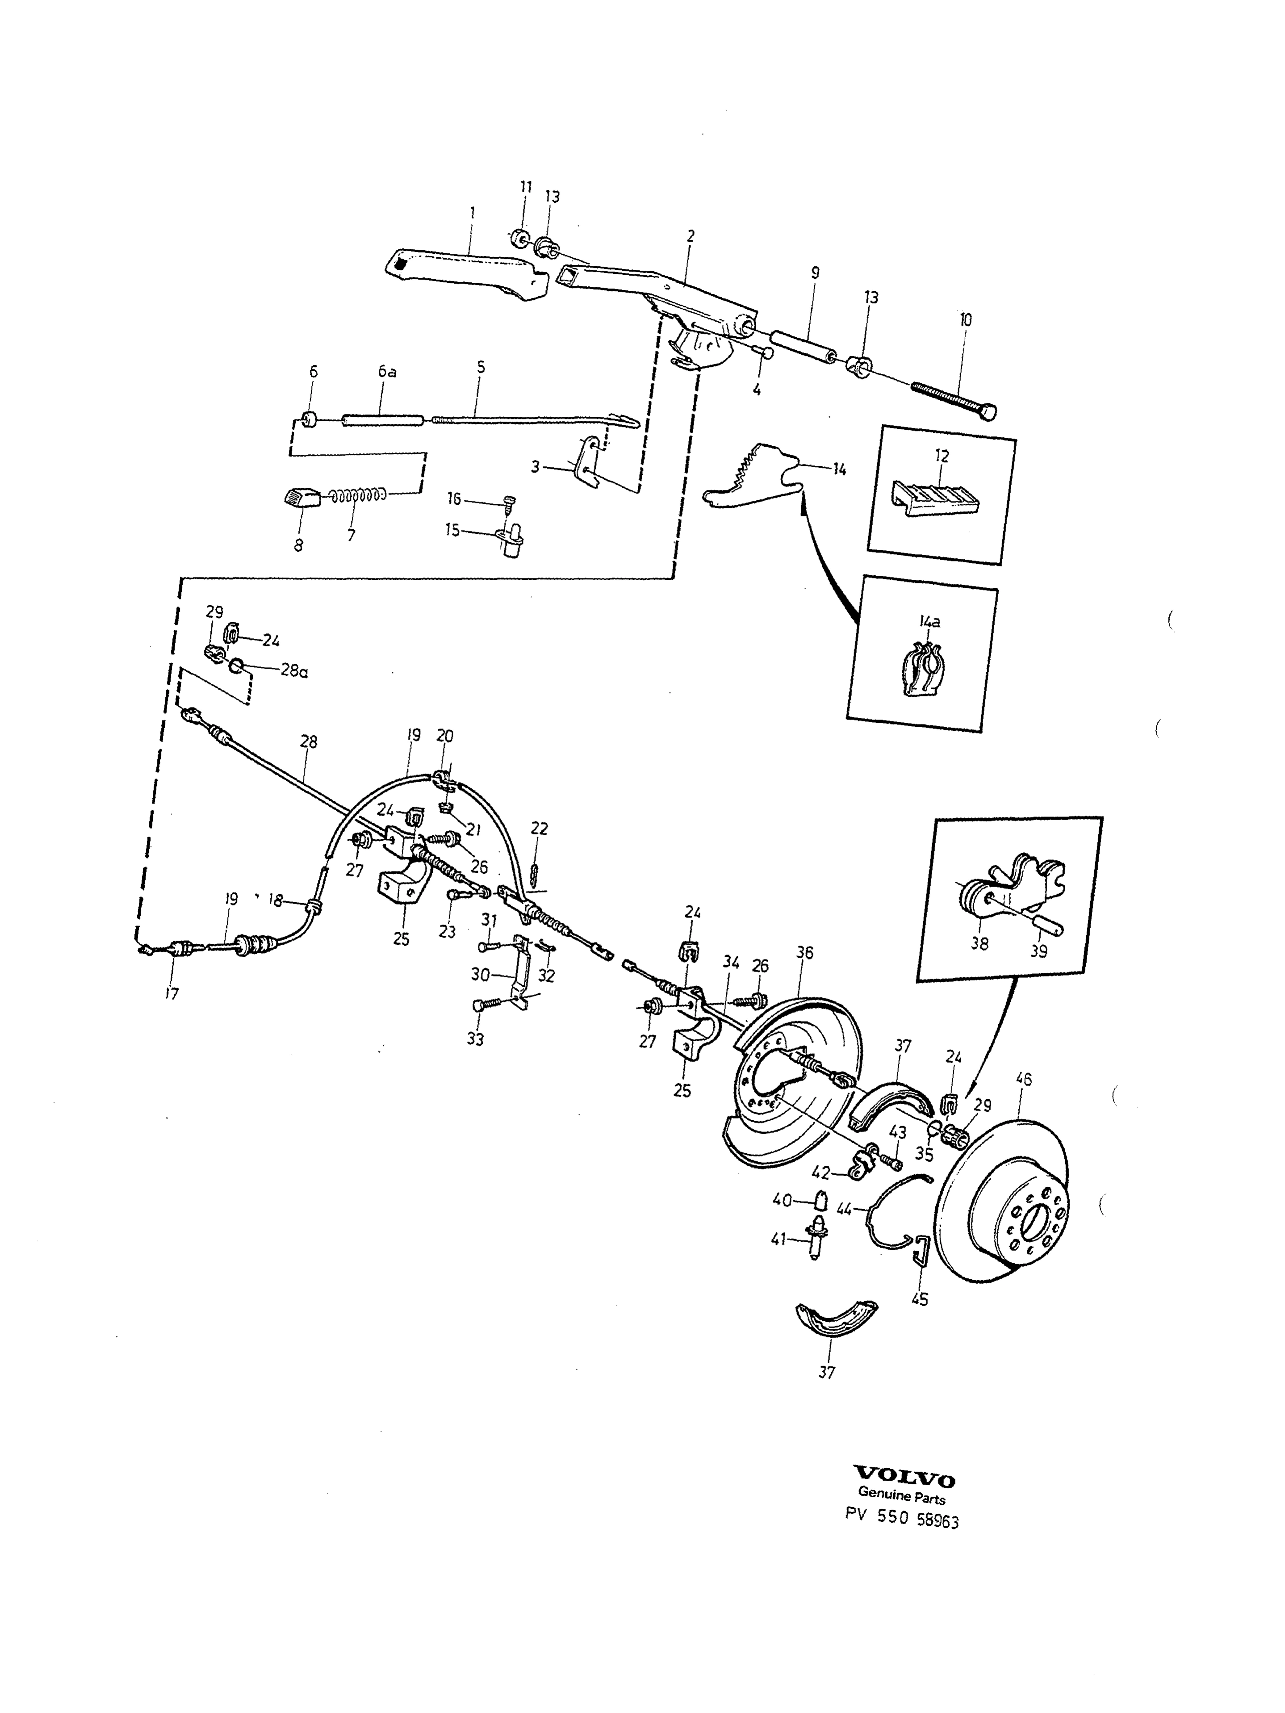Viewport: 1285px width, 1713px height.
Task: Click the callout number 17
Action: [x=171, y=993]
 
